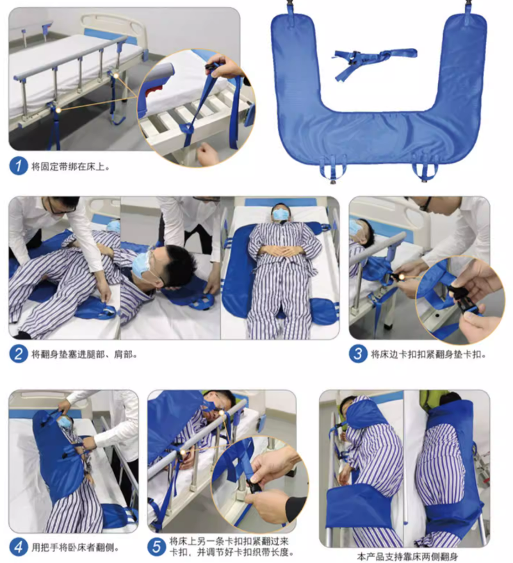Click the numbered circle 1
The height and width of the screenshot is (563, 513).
19,167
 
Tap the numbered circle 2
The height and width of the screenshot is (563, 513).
19,354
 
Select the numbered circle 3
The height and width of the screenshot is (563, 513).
358,354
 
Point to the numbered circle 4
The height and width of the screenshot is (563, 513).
19,547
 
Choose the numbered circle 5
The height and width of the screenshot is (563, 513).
156,546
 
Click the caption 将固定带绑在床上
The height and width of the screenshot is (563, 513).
70,167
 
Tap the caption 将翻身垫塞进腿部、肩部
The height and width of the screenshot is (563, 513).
85,355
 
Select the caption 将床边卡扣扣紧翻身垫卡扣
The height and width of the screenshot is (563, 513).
428,354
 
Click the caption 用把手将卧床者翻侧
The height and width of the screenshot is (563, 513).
75,548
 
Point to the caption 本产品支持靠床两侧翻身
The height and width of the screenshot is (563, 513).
407,557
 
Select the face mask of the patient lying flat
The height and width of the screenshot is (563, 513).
281,215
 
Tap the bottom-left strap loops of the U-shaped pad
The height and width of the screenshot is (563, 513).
332,169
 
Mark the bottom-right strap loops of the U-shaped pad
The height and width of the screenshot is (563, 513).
425,170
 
